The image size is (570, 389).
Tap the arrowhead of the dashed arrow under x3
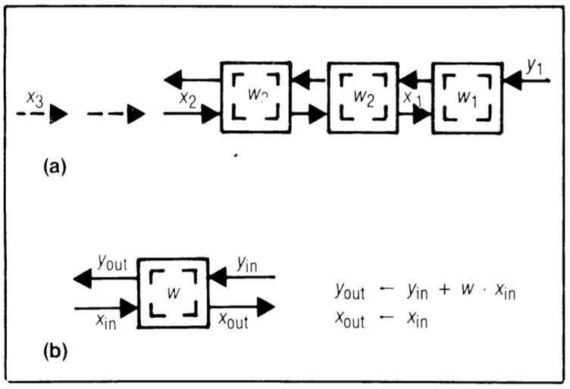click(58, 115)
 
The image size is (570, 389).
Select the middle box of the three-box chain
click(362, 97)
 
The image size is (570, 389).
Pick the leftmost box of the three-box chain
click(255, 97)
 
